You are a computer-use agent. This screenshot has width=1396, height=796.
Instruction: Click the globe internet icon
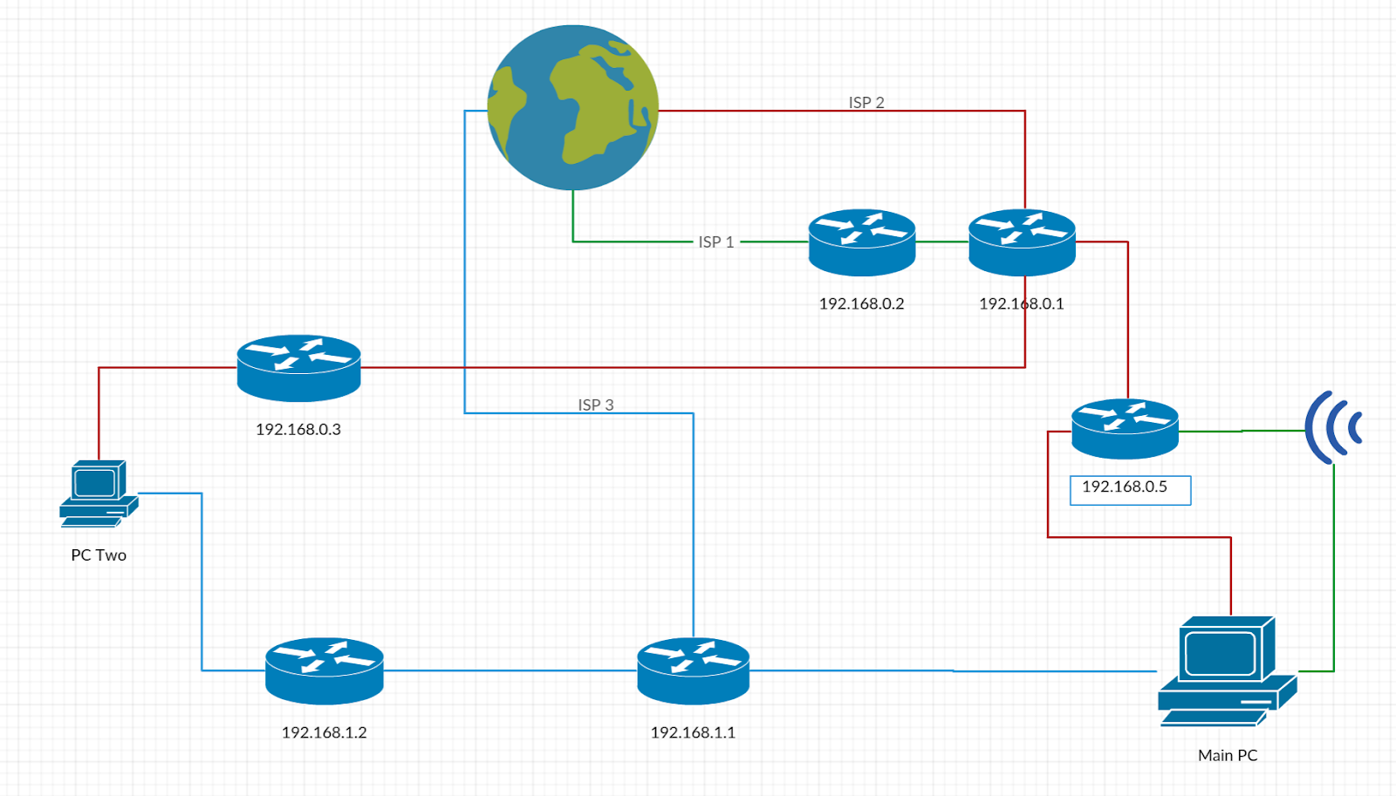[572, 107]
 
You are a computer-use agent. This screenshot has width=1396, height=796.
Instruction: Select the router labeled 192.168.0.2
[861, 242]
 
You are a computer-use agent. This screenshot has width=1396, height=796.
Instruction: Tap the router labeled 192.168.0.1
[1022, 242]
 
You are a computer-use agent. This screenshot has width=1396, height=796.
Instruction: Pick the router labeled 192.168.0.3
[298, 368]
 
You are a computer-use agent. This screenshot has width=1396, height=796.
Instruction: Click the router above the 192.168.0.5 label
[1125, 428]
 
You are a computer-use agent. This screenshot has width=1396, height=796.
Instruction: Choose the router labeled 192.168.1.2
[324, 670]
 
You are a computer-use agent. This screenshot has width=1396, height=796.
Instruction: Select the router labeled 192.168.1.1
[693, 670]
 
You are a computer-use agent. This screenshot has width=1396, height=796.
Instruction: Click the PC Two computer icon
[98, 493]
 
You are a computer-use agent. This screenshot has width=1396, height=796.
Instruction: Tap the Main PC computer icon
[1226, 671]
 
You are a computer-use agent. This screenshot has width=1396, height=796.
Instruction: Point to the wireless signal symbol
[1332, 427]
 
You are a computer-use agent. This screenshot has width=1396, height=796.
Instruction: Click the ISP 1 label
[715, 242]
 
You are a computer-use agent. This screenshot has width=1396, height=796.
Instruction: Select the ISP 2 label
[866, 102]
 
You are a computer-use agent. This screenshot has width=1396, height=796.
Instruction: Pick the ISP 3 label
[596, 405]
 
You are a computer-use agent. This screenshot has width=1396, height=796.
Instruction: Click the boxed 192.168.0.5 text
[1125, 487]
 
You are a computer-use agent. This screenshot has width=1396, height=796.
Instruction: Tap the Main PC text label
[1228, 755]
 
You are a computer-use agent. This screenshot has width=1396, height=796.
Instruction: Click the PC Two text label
[99, 555]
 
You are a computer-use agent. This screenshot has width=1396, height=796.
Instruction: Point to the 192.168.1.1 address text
[693, 732]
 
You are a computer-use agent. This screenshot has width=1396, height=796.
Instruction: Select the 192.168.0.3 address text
[298, 429]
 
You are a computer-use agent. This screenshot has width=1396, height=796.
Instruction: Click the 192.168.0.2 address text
[861, 303]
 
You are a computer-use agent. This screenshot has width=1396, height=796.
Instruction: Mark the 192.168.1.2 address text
[324, 732]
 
